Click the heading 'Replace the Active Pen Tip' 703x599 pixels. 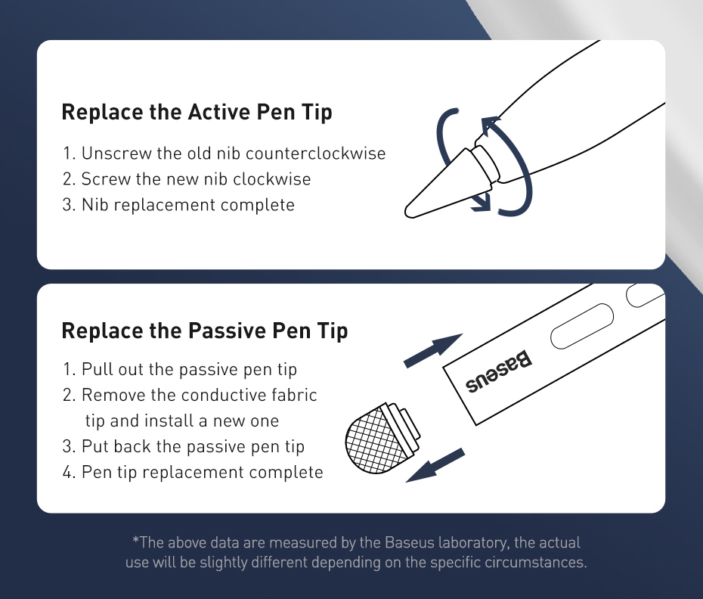tap(197, 112)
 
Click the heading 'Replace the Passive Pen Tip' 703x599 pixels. tap(204, 331)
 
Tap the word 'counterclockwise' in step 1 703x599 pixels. tap(316, 154)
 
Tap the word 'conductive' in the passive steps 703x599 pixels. tap(225, 395)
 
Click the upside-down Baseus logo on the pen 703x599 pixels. tap(499, 372)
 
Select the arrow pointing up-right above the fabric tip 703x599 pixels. tap(433, 350)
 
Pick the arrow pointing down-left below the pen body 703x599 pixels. tap(435, 465)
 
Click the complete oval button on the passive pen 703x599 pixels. tap(581, 326)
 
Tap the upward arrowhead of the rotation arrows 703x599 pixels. tap(490, 125)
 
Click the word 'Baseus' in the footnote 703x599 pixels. tap(410, 542)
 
